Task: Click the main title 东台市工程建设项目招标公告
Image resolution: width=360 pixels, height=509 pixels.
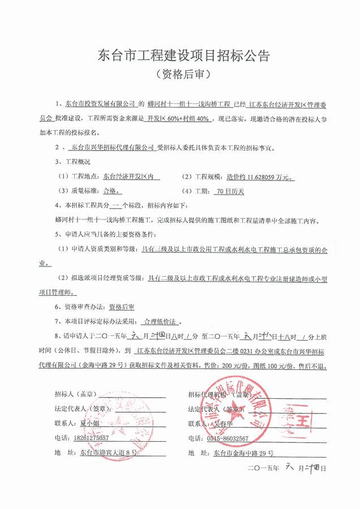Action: pyautogui.click(x=180, y=56)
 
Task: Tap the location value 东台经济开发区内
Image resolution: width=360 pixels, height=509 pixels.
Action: pyautogui.click(x=129, y=176)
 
